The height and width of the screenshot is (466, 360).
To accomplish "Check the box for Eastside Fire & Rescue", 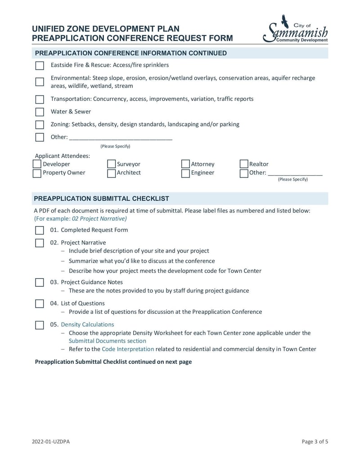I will click(x=40, y=66).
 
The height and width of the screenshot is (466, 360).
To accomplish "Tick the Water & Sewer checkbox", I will click(x=40, y=112).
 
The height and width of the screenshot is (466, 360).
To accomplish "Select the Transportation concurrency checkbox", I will click(x=40, y=100).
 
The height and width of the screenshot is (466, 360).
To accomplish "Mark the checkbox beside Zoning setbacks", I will click(x=40, y=125).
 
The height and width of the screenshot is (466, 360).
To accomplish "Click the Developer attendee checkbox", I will click(x=37, y=164).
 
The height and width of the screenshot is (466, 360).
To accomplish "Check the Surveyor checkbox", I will click(x=111, y=164).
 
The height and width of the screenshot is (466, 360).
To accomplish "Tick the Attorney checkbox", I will click(x=185, y=164).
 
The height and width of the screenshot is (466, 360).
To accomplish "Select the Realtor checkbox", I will click(x=244, y=164).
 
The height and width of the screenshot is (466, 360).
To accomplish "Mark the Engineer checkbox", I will click(x=185, y=173).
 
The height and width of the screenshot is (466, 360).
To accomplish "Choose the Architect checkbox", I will click(x=111, y=173).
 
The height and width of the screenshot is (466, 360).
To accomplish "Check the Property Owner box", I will click(x=37, y=173).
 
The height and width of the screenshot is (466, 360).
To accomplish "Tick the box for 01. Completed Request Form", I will click(x=40, y=231).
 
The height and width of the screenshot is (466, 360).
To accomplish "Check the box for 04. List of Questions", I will click(x=40, y=304).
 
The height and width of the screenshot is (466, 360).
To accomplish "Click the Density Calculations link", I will click(x=87, y=325).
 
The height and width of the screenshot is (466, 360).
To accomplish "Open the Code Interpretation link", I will click(x=128, y=349).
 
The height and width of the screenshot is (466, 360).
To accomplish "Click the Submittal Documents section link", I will click(x=107, y=341).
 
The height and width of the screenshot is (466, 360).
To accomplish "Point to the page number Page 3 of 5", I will click(x=315, y=442).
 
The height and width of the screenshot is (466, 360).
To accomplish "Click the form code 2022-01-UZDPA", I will click(x=51, y=442).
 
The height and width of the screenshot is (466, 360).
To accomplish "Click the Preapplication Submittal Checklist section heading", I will click(x=102, y=199).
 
